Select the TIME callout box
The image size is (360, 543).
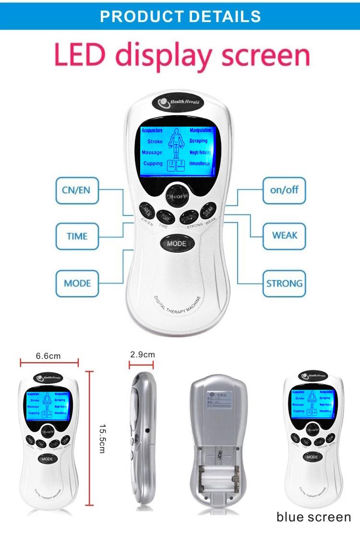pos(77,236)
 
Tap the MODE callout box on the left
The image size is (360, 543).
pos(77,283)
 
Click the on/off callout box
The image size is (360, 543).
pos(284,189)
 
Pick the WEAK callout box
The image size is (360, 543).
pos(284,236)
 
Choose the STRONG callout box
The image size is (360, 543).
pos(284,283)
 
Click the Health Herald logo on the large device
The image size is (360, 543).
pos(179,103)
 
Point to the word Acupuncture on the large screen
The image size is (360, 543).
pos(152,130)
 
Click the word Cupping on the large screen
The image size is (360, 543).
pos(153,164)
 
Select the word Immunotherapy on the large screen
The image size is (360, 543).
pos(200,164)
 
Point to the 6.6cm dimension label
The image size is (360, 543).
pos(48,356)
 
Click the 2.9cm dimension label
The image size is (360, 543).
pos(142,354)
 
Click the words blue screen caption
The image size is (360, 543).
pos(313,517)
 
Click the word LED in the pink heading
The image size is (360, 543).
pos(81,56)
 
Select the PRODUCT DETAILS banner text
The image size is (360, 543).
pos(180,16)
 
